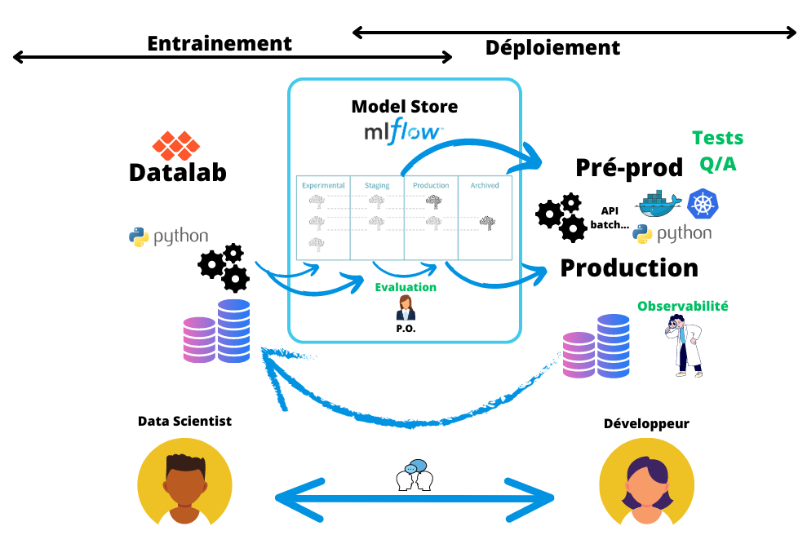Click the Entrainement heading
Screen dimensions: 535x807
tap(219, 43)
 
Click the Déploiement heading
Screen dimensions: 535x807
tap(552, 48)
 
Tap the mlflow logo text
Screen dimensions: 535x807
tap(404, 132)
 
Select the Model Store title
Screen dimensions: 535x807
tap(404, 106)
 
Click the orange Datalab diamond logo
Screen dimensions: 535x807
tap(175, 146)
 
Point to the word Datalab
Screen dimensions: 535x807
tap(177, 172)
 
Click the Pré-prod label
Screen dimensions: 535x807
tap(629, 167)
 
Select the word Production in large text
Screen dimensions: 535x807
tap(629, 267)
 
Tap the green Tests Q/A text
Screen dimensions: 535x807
tap(717, 151)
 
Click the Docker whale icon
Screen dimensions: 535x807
tap(659, 204)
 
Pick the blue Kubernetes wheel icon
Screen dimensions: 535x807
tap(703, 203)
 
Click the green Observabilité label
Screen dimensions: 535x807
tap(682, 307)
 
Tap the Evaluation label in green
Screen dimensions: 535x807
tap(406, 287)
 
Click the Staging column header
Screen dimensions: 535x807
tap(377, 185)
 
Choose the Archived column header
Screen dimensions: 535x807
tap(485, 185)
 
